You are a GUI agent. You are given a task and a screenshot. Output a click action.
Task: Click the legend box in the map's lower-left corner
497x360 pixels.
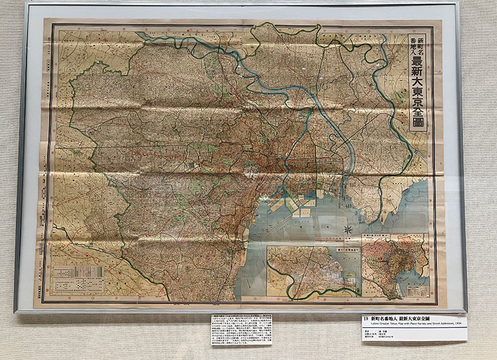(73, 280)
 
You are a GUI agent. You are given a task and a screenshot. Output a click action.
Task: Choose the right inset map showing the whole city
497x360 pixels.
(395, 265)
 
